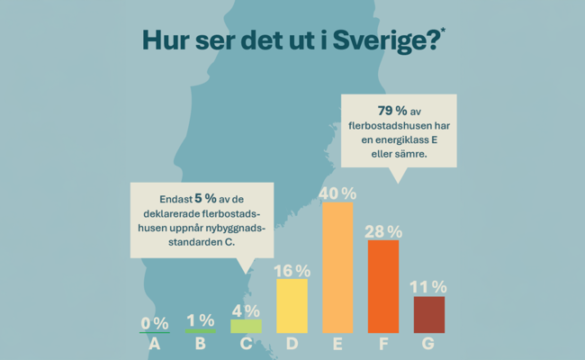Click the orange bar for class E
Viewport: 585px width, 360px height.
337,267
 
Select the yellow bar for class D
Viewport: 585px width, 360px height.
292,306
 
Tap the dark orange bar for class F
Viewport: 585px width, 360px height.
382,286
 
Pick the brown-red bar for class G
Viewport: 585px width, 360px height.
428,314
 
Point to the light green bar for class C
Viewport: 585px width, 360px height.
246,326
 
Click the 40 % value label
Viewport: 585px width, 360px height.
337,193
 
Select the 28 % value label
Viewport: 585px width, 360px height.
382,231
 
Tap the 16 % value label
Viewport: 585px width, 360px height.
292,270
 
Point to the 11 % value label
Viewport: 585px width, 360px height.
428,287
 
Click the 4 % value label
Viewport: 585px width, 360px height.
246,310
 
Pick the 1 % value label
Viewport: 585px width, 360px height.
200,319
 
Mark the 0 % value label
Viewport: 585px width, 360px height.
155,323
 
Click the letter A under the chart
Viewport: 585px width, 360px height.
155,344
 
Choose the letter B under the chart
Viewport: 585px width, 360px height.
200,344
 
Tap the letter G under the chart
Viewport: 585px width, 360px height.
428,344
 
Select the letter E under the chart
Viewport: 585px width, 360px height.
337,344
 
